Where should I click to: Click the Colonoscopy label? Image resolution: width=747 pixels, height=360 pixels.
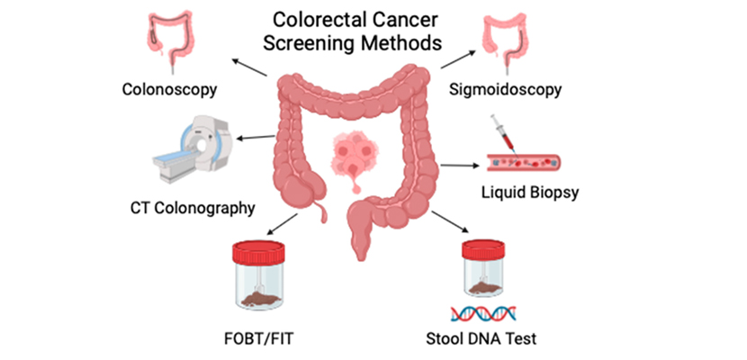tap(171, 89)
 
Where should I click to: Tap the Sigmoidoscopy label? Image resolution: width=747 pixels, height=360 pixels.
tap(505, 89)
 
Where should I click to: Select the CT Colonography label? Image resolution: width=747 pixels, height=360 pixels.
tap(187, 208)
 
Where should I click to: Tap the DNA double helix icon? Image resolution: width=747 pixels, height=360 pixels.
tap(483, 313)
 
